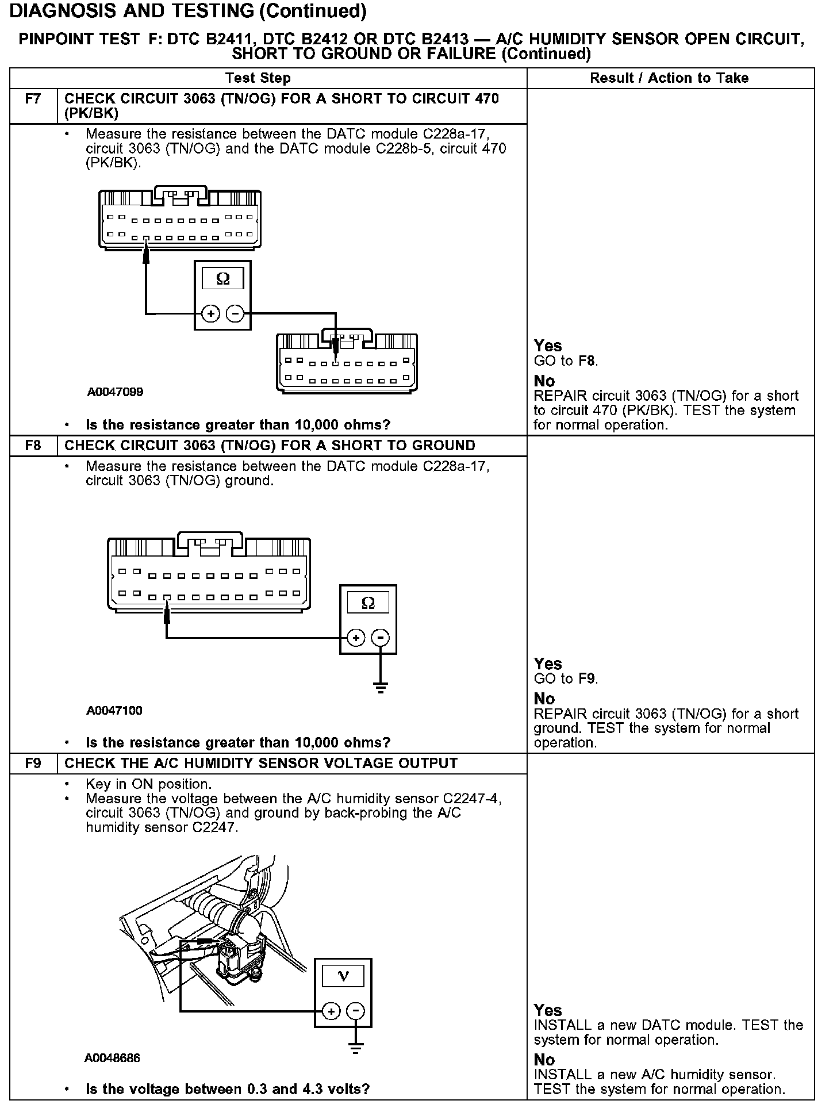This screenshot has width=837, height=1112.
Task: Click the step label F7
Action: (x=33, y=99)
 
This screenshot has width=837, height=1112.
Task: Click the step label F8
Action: (x=33, y=446)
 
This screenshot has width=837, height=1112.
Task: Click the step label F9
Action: (x=33, y=764)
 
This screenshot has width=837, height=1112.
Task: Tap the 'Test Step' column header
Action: (x=258, y=78)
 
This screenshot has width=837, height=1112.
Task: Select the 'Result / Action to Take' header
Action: (x=669, y=78)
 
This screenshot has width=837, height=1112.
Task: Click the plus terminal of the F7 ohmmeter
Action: (x=211, y=314)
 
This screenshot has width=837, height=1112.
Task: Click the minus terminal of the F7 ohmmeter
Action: (x=235, y=314)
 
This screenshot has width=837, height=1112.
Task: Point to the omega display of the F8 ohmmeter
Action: (x=368, y=603)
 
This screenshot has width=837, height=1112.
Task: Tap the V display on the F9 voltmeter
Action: (x=343, y=976)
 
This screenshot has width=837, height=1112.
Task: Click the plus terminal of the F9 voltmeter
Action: (x=331, y=1011)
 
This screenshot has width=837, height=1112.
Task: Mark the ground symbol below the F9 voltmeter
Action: (x=356, y=1049)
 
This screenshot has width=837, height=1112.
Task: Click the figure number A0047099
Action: (x=115, y=393)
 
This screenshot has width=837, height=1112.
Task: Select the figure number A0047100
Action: (x=114, y=711)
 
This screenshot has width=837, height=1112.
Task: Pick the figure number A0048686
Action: (x=112, y=1059)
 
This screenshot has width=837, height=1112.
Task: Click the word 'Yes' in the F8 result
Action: (x=548, y=664)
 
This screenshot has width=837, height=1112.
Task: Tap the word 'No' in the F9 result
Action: (x=544, y=1060)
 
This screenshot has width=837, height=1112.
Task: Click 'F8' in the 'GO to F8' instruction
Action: (x=588, y=361)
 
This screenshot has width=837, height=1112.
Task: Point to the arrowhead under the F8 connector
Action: (x=167, y=616)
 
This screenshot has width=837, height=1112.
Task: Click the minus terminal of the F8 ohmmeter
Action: (x=380, y=638)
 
